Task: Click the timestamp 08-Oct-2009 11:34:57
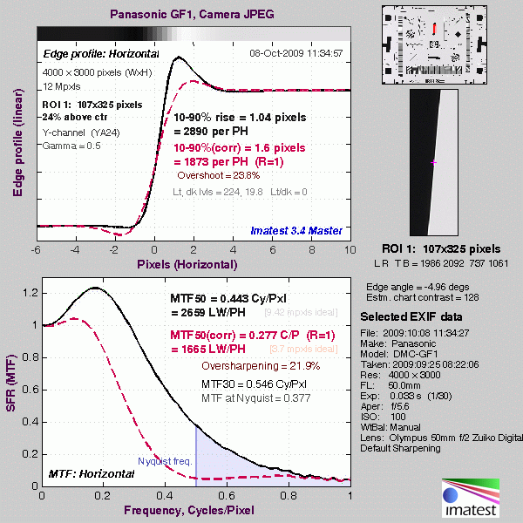pyautogui.click(x=296, y=53)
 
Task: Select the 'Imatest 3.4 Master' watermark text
pyautogui.click(x=295, y=230)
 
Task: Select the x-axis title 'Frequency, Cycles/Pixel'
pyautogui.click(x=196, y=509)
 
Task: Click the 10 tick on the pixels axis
pyautogui.click(x=350, y=249)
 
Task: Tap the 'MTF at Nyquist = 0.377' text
pyautogui.click(x=254, y=399)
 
